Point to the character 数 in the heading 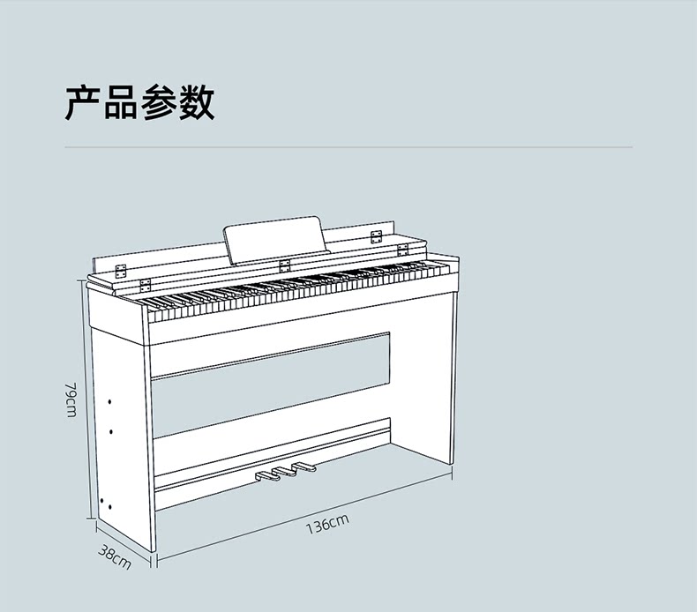(x=196, y=103)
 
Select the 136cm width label (x=327, y=525)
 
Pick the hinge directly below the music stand (x=284, y=265)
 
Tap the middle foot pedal (x=284, y=472)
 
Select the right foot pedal (x=303, y=466)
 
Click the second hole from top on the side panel (x=111, y=431)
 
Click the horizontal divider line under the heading (x=348, y=146)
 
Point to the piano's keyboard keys (x=300, y=287)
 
